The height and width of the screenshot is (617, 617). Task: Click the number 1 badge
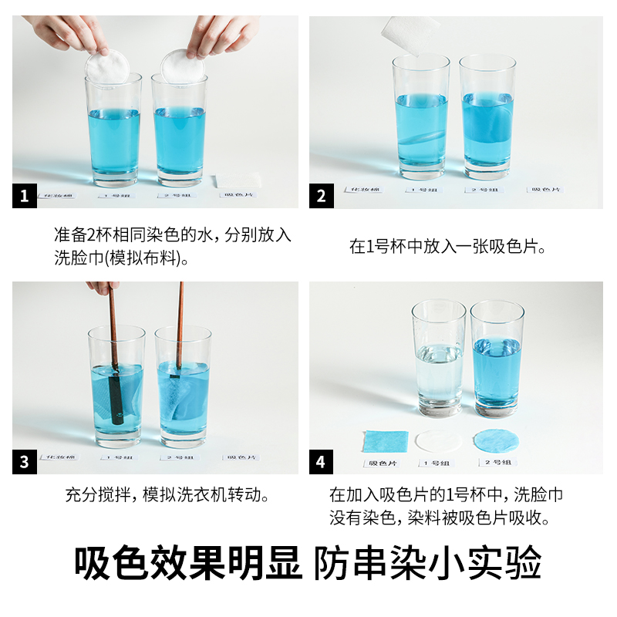click(24, 197)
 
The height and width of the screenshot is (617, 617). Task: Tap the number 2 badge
click(321, 197)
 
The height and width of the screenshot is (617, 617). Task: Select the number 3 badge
click(24, 463)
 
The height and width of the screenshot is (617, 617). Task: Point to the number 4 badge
click(321, 463)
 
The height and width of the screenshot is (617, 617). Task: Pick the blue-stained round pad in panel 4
click(495, 441)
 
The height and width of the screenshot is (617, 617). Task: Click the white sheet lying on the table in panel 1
click(238, 181)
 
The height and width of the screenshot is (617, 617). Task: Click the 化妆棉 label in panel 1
click(59, 196)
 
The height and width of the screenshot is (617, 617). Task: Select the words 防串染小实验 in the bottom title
click(428, 564)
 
